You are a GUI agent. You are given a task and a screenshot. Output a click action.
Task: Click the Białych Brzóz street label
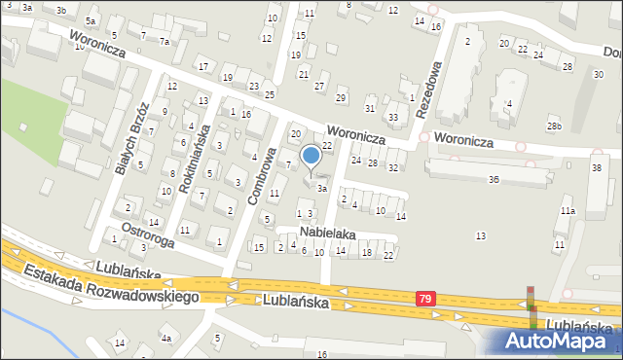(x=130, y=139)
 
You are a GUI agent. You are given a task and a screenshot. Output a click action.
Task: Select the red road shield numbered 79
(x=425, y=299)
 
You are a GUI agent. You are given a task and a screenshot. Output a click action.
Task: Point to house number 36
(x=494, y=179)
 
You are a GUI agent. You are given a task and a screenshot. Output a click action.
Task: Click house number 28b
(x=554, y=126)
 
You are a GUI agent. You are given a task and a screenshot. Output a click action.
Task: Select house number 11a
(x=568, y=210)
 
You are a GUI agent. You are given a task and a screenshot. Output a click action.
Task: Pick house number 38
(x=596, y=168)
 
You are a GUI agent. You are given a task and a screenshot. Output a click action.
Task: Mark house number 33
(x=392, y=117)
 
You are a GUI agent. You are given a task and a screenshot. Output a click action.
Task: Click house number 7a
(x=165, y=42)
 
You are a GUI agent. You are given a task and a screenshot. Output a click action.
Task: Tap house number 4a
(x=166, y=338)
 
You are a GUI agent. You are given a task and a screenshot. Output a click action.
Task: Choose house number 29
(x=341, y=97)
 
